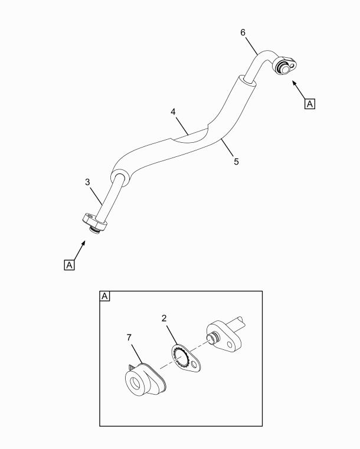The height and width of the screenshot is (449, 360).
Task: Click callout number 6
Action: click(x=243, y=32)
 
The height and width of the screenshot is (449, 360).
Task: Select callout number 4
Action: click(x=173, y=112)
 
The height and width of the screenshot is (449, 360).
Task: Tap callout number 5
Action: click(x=236, y=162)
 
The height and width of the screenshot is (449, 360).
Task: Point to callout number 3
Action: click(x=87, y=182)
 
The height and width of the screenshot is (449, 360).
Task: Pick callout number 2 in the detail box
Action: click(x=164, y=318)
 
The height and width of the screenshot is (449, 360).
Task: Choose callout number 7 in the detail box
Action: click(x=129, y=337)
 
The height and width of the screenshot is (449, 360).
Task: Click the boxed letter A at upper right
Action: click(x=310, y=104)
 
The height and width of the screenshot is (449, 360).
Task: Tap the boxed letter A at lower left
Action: click(x=69, y=265)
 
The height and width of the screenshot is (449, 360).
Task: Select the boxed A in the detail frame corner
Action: click(x=105, y=296)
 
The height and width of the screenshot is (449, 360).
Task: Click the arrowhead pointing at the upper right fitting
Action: click(x=294, y=83)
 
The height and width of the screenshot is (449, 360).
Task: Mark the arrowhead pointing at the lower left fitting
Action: click(x=83, y=243)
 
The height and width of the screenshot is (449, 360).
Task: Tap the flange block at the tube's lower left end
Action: click(x=94, y=222)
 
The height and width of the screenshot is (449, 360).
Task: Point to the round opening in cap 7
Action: click(x=136, y=383)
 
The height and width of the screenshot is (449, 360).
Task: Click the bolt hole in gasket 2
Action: click(x=195, y=365)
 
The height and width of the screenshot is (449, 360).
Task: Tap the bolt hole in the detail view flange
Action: click(x=230, y=344)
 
